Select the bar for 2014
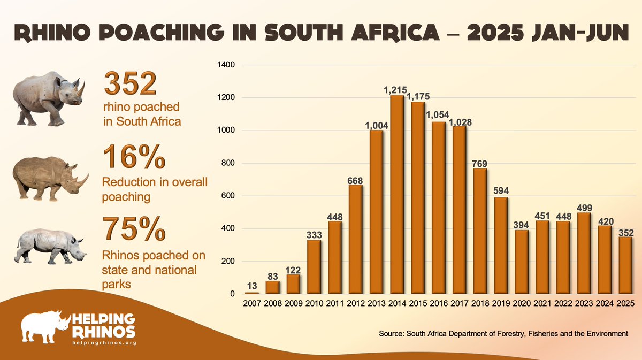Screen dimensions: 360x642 [396, 195]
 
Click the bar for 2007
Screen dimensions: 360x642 [251, 293]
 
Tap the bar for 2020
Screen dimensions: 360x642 [521, 262]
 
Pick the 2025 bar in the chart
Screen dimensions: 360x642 [624, 265]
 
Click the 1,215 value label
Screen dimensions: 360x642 [396, 91]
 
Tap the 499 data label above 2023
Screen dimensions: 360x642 [583, 208]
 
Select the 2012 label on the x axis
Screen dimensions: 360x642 [355, 304]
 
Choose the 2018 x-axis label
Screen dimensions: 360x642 [479, 304]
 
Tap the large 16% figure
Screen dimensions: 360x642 [134, 157]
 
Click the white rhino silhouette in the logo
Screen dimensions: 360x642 [45, 326]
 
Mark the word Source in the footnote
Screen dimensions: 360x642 [391, 333]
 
